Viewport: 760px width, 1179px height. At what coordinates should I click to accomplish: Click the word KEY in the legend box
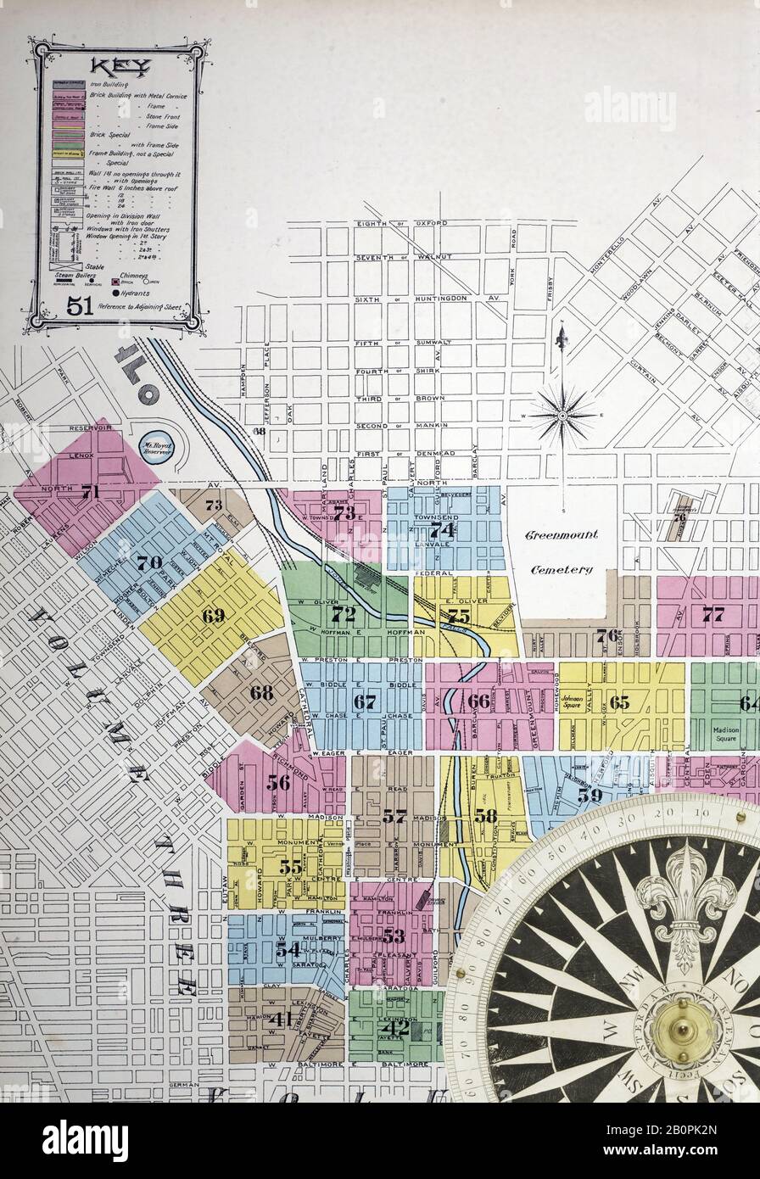click(115, 67)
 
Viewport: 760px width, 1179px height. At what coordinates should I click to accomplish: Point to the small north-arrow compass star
click(562, 415)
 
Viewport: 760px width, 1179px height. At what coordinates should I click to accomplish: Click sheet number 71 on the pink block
click(90, 491)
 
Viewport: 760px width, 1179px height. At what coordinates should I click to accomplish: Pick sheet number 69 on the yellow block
click(213, 616)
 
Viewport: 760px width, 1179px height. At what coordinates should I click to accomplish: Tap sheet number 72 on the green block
click(343, 612)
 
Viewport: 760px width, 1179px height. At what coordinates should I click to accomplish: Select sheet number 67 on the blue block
click(365, 701)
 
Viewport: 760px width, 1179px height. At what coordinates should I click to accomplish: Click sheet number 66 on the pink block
click(478, 701)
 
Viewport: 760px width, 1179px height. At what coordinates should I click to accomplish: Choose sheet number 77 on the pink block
click(712, 614)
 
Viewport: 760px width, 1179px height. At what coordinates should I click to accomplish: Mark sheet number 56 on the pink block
click(278, 782)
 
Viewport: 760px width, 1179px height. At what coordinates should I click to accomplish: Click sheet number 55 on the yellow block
click(290, 866)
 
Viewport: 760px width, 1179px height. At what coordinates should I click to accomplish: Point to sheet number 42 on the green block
click(395, 1028)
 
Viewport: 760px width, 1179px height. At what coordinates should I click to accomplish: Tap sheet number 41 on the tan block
click(279, 1020)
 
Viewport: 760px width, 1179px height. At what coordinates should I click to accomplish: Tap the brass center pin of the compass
click(681, 1031)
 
